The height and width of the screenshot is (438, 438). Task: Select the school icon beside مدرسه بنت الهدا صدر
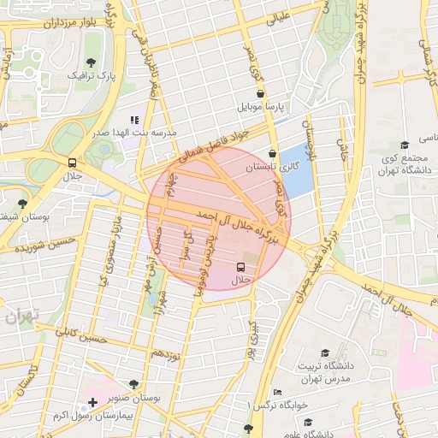point(133,121)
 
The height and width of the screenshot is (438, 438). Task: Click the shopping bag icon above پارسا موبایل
point(261,93)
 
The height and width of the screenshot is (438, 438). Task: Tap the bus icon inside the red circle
point(240,267)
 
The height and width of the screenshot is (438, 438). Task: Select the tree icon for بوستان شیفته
point(21,204)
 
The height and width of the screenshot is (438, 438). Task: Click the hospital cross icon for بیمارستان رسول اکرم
point(93,401)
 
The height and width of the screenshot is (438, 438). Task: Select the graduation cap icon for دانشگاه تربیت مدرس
point(324,352)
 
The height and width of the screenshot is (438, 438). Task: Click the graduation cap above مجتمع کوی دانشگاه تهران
point(404,145)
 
